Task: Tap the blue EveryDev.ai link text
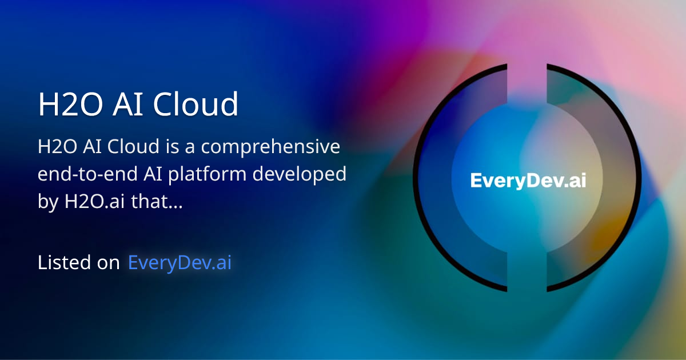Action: tap(180, 263)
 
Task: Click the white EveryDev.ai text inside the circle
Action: tap(528, 181)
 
